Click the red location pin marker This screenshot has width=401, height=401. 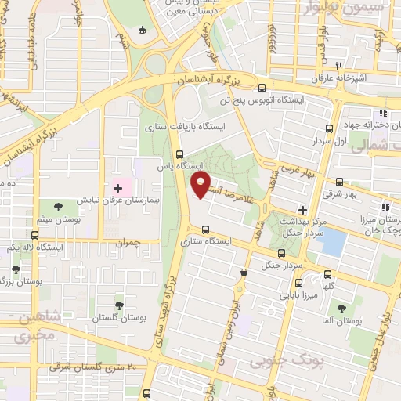pos(201,185)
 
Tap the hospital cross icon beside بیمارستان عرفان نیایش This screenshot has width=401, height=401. pos(118,188)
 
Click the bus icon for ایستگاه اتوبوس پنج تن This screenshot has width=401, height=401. pos(261,88)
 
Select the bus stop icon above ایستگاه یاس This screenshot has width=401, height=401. pos(180,154)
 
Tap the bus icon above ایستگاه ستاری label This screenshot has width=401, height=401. pos(205,229)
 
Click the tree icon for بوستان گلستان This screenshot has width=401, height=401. pos(119,305)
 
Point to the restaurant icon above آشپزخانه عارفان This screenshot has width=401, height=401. pos(338,66)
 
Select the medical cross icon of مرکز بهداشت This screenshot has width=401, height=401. pos(302,210)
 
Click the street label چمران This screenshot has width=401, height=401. pos(127,244)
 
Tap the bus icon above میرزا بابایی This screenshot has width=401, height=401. pos(284,252)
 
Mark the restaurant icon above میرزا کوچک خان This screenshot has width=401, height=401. pos(385,208)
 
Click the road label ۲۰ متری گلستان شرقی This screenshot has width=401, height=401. pos(93,367)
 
